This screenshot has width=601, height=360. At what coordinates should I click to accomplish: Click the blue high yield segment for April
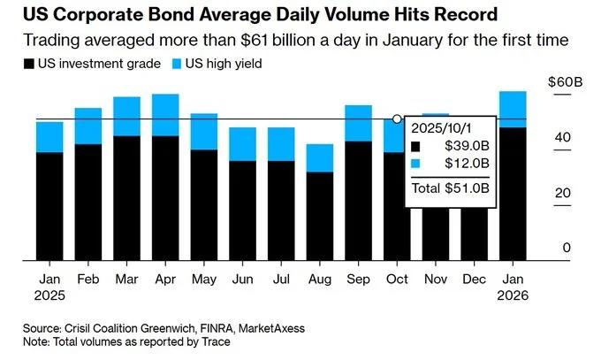165,115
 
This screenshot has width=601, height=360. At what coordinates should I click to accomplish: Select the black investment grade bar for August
320,217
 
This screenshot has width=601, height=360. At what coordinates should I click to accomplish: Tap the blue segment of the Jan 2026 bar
513,110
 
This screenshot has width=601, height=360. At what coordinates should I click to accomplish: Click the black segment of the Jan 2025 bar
49,207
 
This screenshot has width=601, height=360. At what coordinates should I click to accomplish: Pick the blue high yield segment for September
358,123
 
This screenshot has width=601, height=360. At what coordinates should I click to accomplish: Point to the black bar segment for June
243,211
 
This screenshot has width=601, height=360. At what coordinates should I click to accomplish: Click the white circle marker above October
397,119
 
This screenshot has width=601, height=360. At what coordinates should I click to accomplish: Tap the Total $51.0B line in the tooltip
451,188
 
